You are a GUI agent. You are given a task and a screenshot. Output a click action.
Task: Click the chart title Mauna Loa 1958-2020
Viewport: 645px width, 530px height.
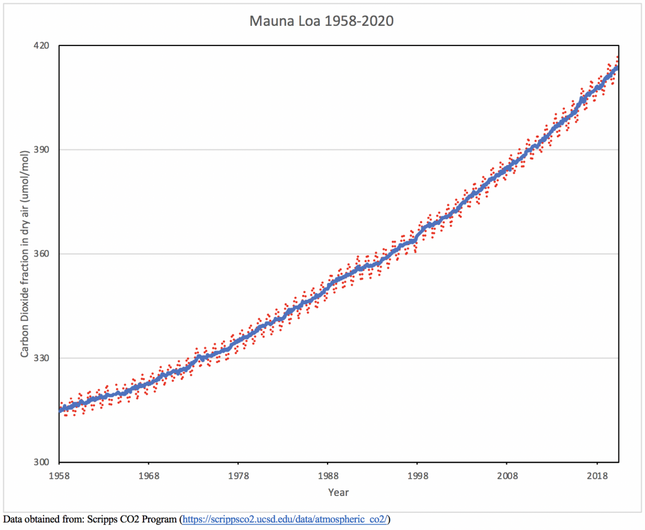(x=322, y=21)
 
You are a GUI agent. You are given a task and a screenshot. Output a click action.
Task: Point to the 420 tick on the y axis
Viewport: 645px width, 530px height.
(x=42, y=46)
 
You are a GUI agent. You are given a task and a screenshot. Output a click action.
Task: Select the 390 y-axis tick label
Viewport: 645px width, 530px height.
(x=42, y=150)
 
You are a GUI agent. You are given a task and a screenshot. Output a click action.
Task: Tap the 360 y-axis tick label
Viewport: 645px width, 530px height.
(x=42, y=254)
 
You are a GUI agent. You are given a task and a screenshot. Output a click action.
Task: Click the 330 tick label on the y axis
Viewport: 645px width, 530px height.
(x=42, y=358)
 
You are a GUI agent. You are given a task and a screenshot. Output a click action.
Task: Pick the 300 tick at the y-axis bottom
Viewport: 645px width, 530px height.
(x=42, y=462)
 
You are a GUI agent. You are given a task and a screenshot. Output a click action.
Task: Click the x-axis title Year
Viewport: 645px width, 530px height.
(x=338, y=492)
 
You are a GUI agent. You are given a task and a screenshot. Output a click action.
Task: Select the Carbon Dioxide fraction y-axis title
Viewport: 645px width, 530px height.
(x=25, y=254)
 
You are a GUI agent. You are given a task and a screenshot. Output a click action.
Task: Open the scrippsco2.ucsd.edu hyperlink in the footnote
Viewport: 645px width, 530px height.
(x=285, y=520)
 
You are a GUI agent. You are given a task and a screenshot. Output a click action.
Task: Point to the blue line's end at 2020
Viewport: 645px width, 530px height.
(x=617, y=67)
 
